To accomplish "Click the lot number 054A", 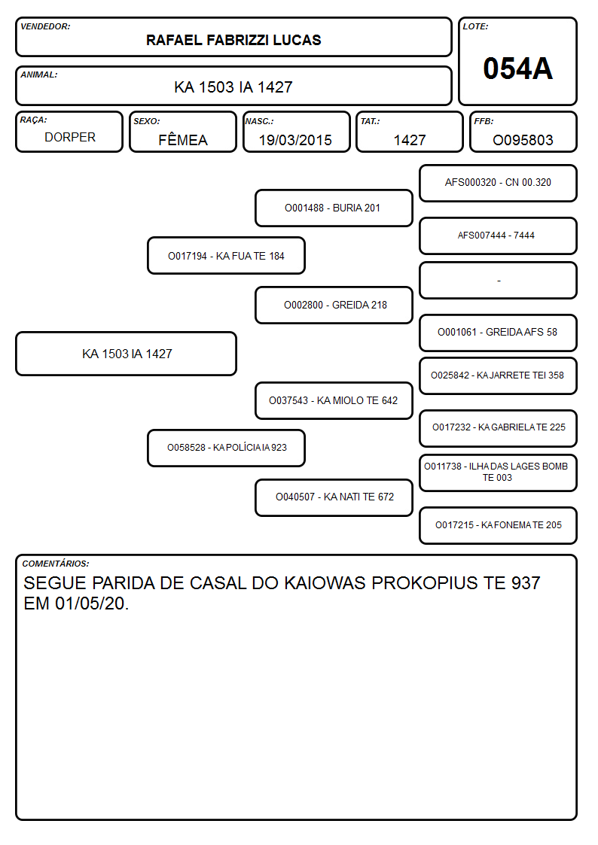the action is (x=517, y=68).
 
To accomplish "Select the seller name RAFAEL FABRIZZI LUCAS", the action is (x=233, y=40).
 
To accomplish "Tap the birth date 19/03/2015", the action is (x=295, y=140).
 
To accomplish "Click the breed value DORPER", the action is (x=70, y=138).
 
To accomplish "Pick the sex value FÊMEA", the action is (x=183, y=139).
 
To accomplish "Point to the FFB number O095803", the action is (x=523, y=140).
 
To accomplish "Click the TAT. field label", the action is (x=371, y=121).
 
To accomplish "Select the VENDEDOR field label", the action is (x=45, y=26).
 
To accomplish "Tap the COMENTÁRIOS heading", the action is (x=56, y=564).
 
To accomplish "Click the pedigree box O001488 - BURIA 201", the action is (x=334, y=208).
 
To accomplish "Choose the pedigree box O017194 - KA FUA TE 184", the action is (x=226, y=256).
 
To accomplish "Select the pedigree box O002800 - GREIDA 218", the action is (x=334, y=305).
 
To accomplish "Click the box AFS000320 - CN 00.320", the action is (x=499, y=184).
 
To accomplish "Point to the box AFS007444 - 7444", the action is (x=499, y=236).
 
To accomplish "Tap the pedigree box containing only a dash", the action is (x=499, y=280).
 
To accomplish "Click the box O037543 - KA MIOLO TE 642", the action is (x=334, y=400).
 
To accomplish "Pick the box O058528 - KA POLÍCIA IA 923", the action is (x=226, y=448).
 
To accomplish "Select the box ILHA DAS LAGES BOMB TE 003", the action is (x=499, y=472).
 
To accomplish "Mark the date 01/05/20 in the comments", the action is (x=90, y=603).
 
